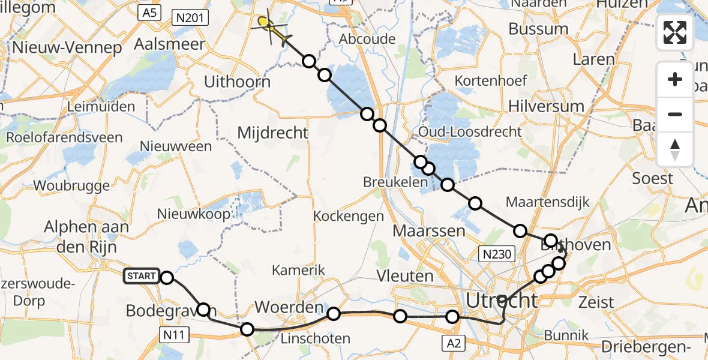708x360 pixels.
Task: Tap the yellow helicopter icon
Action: (269, 26)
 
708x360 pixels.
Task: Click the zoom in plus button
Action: (675, 80)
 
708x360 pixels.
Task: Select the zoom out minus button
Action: (675, 114)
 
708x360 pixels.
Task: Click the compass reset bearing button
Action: (675, 149)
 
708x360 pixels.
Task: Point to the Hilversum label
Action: (546, 107)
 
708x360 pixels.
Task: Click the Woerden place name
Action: (289, 308)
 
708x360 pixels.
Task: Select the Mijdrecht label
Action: (273, 133)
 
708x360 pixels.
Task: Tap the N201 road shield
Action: (188, 18)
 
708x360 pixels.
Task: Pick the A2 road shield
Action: (454, 343)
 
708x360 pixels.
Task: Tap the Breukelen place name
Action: (391, 181)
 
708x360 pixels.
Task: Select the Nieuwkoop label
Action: (193, 214)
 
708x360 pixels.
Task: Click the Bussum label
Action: (538, 29)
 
